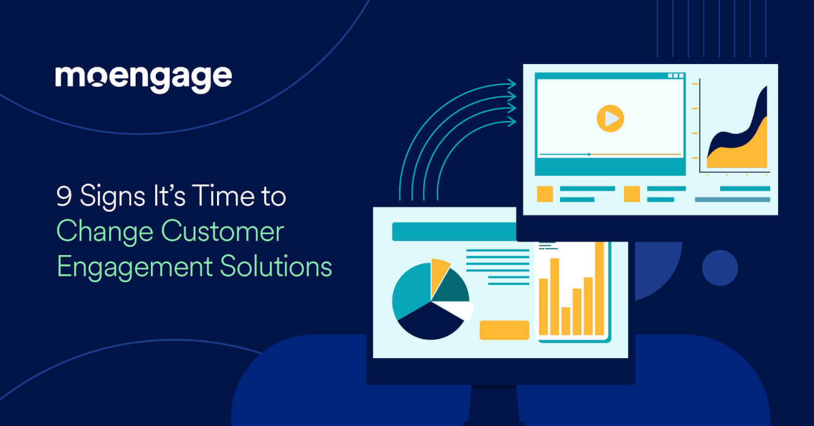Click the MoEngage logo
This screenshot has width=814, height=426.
click(143, 78)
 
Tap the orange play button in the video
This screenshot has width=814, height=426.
click(610, 118)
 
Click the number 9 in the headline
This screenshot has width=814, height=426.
click(64, 197)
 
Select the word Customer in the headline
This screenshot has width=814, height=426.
click(222, 232)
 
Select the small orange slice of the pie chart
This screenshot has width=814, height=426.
click(438, 272)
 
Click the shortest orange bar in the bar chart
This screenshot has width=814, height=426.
click(566, 321)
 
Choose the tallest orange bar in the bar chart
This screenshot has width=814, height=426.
click(599, 288)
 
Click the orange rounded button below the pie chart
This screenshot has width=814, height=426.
click(504, 330)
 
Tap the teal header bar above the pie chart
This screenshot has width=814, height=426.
click(454, 232)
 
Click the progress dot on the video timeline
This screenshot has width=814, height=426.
click(589, 155)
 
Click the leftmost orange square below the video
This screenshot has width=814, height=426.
click(545, 194)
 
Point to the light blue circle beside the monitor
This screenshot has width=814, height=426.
click(720, 268)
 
